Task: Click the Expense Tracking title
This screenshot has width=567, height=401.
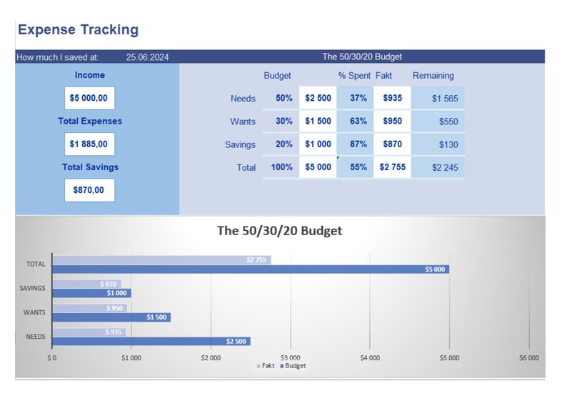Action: coord(78,30)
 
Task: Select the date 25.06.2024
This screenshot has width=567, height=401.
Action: coord(147,57)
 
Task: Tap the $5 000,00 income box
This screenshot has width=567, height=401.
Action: coord(89,98)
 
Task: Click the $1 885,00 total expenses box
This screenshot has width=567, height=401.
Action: coord(89,144)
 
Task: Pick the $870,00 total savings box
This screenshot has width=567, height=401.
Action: coord(89,190)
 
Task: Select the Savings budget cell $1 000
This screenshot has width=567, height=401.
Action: coord(318,144)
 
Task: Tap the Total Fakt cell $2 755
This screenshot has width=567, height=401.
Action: coord(392,167)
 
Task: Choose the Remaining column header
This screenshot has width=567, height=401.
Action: coord(433,76)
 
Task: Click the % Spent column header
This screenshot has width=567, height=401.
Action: coord(354,76)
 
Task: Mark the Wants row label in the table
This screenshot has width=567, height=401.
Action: coord(243,122)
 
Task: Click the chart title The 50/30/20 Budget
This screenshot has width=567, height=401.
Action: coord(279,231)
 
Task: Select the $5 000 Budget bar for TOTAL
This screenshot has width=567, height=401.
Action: coord(250,269)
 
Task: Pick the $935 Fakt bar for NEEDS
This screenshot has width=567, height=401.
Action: coord(89,332)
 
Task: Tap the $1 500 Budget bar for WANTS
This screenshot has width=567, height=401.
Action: coord(111,317)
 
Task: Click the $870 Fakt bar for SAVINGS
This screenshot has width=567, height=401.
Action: coord(86,284)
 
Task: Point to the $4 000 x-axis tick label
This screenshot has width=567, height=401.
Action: coord(369,357)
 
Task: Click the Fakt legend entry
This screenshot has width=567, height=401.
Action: coord(265,366)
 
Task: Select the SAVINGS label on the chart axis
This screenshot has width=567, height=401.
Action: coord(34,289)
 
